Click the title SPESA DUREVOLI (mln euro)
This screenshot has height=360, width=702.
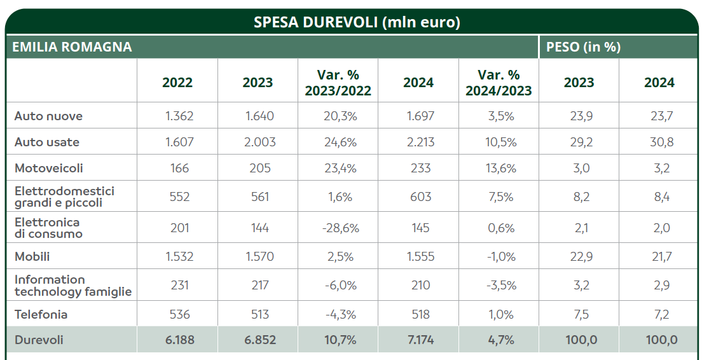point(357,22)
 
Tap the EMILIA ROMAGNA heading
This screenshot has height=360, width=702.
point(72,47)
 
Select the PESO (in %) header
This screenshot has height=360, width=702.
point(583,47)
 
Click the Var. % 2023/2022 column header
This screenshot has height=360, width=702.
point(338,83)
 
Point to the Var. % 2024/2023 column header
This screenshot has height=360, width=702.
point(499,83)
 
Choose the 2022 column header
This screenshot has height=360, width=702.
point(177,83)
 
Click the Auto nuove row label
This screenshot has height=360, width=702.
point(48,116)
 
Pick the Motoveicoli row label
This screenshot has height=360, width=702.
point(48,169)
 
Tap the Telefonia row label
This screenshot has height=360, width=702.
point(41,314)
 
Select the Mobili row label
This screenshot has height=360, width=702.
point(32,257)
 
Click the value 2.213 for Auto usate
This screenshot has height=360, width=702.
point(418,142)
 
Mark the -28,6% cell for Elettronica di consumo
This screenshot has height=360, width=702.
point(338,228)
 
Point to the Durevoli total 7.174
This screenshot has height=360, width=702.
point(418,340)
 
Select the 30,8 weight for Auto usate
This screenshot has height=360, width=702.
point(659,142)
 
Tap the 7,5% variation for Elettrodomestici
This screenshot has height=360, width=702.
point(499,197)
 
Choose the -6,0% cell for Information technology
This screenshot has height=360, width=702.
point(338,286)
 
